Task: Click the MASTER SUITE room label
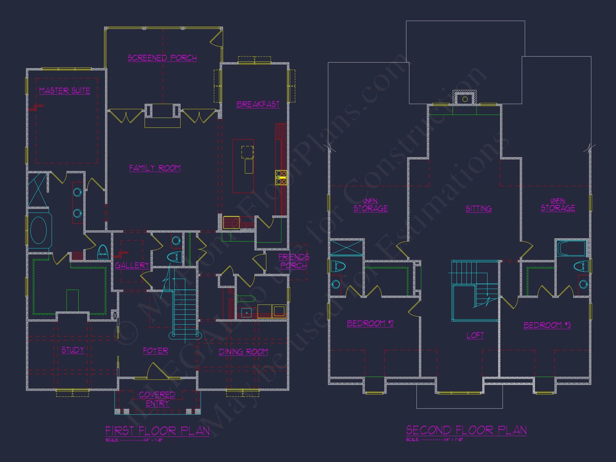coord(65,91)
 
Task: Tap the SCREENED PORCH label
coord(162,58)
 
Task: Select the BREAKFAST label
coord(258,104)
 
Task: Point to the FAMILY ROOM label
coord(155,168)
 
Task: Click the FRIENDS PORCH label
coord(294,261)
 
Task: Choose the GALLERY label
coord(132,265)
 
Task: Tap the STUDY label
coord(73,350)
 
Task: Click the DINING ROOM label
coord(243,352)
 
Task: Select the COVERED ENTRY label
coord(157,399)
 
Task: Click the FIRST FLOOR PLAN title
coord(157,431)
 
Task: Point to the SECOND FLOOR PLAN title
coord(466,430)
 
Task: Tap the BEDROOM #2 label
coord(370,323)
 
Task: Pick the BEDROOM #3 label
coord(547,325)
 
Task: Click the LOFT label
coord(475,335)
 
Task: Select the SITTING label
coord(479,209)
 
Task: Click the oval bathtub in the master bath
coord(38,230)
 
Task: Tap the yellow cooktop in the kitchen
coord(281,177)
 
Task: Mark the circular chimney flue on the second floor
coord(465,99)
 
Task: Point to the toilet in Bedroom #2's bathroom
coord(338,267)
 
